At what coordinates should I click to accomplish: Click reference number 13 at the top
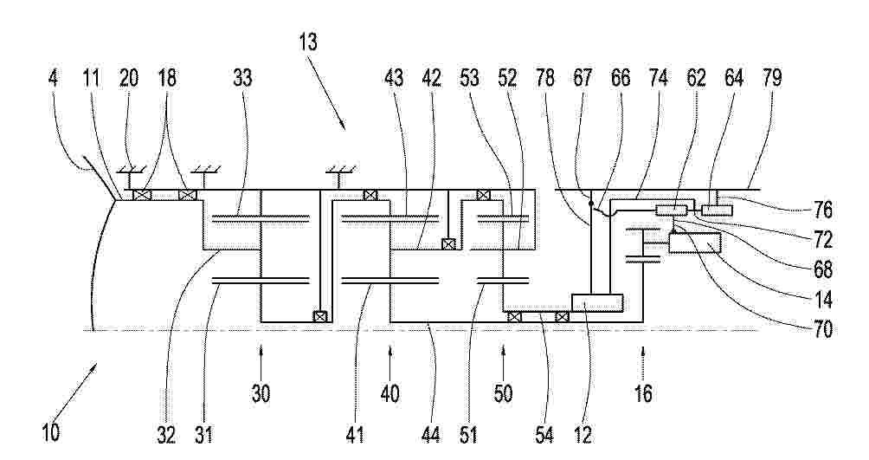[307, 42]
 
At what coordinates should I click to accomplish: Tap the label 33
[242, 78]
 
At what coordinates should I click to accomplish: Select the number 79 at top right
[771, 78]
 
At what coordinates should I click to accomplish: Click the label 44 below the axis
[430, 433]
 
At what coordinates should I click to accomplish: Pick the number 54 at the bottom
[544, 433]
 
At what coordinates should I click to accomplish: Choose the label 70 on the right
[822, 329]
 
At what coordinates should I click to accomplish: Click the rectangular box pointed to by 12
[597, 303]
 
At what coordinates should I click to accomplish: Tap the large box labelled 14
[695, 243]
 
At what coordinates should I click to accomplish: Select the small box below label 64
[718, 211]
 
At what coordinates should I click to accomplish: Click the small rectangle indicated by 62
[672, 211]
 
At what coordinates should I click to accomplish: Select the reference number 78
[544, 78]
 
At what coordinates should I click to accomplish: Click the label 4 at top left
[53, 78]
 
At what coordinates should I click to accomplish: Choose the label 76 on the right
[822, 211]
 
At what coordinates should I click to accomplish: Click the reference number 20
[129, 78]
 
